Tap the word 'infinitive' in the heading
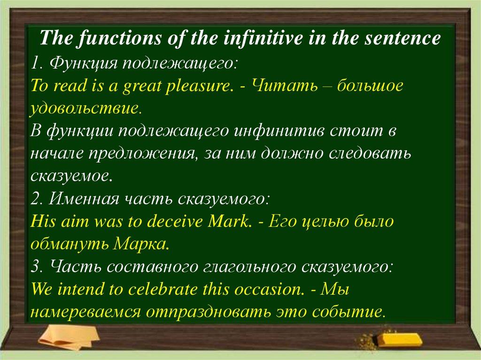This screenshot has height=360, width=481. tap(251, 38)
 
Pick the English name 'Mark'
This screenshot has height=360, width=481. tap(230, 222)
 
